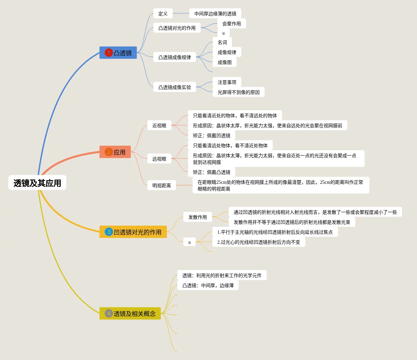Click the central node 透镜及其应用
pos(37,183)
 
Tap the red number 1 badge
pos(109,53)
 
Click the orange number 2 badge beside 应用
pos(109,152)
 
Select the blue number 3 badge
pos(109,232)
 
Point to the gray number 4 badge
pos(109,313)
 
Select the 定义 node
pos(163,14)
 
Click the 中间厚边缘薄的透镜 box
pos(215,14)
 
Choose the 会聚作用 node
pos(232,24)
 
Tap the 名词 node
pos(222,42)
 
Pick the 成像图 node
pos(225,62)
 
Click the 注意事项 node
pos(227,82)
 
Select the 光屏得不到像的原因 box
pos(239,92)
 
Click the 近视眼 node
pos(159,126)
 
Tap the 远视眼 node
pos(159,159)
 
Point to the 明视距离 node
pos(162,185)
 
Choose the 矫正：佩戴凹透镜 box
pos(212,136)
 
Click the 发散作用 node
pos(198,217)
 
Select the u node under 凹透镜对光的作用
pos(189,242)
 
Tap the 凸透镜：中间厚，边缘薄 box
pos(208,285)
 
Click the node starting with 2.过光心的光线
pos(259,242)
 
